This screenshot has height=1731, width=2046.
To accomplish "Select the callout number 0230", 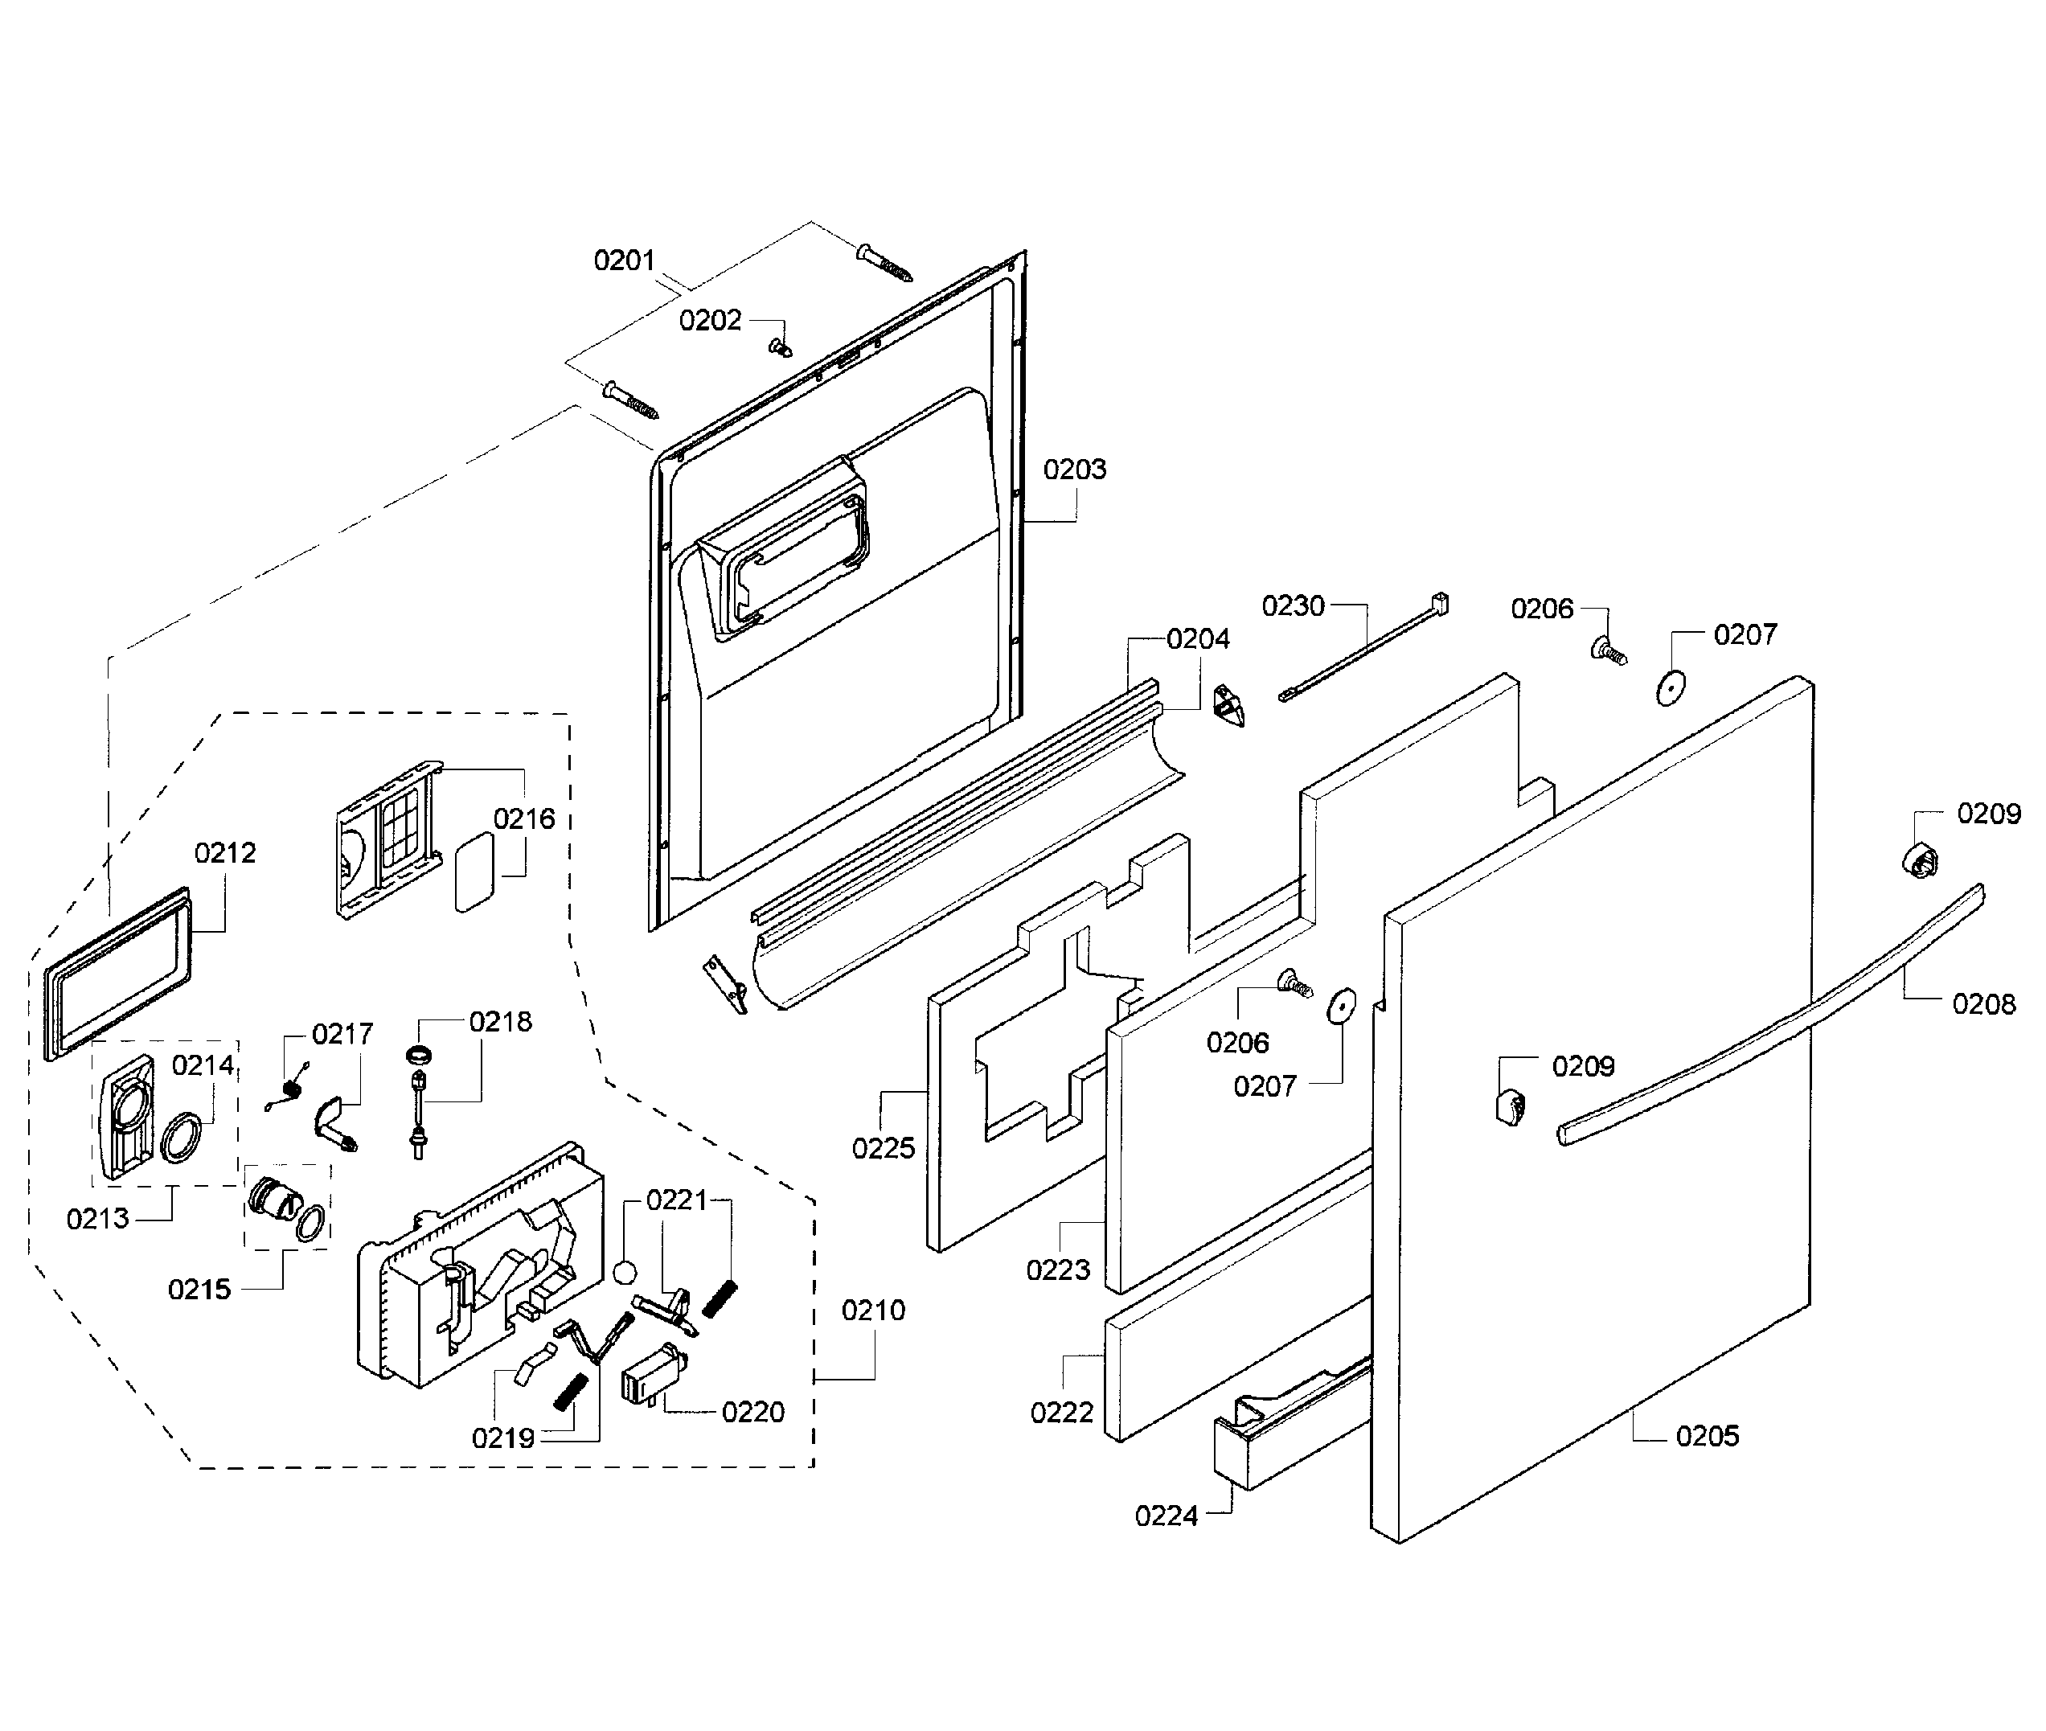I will (1293, 605).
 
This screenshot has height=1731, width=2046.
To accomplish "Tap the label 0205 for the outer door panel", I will (1707, 1436).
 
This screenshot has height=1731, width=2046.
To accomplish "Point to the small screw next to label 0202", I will (779, 347).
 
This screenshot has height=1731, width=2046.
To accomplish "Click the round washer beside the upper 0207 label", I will (1669, 688).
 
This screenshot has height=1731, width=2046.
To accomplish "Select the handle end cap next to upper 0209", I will (1921, 860).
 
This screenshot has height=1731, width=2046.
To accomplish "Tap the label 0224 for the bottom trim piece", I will (1166, 1516).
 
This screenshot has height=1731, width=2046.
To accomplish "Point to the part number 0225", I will (882, 1147).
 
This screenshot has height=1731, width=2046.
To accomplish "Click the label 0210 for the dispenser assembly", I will (872, 1309).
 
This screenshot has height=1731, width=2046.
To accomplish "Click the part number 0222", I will (1060, 1412).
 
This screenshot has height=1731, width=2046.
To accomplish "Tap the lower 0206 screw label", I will (1236, 1042).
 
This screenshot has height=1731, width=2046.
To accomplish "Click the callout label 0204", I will (1197, 639).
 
